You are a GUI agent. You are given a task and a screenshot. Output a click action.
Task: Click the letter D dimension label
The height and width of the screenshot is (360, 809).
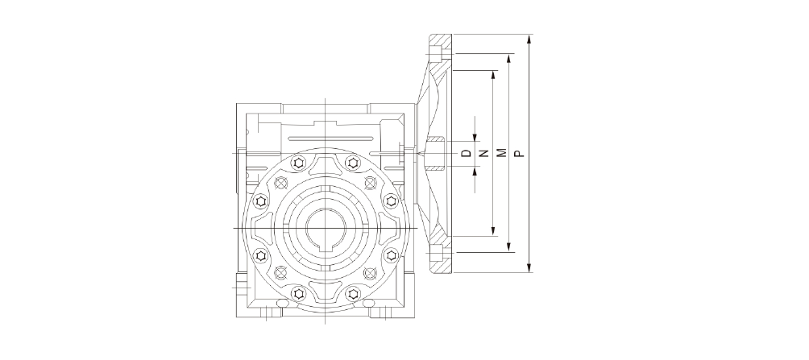pyautogui.click(x=467, y=153)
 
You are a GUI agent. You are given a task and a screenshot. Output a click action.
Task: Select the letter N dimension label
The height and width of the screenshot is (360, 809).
pyautogui.click(x=484, y=153)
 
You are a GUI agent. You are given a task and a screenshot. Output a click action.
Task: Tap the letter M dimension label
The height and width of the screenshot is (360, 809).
pyautogui.click(x=502, y=153)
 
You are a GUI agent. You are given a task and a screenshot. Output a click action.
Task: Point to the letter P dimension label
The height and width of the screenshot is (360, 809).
pyautogui.click(x=520, y=153)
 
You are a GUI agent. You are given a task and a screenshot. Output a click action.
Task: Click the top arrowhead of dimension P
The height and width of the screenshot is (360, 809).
pyautogui.click(x=529, y=39)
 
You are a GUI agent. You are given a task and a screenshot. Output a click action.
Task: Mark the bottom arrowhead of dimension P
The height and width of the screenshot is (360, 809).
pyautogui.click(x=529, y=267)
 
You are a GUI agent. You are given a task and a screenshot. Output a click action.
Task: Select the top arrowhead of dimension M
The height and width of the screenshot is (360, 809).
pyautogui.click(x=509, y=58)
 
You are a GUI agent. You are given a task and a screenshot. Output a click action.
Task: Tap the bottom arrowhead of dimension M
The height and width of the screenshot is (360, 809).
pyautogui.click(x=509, y=247)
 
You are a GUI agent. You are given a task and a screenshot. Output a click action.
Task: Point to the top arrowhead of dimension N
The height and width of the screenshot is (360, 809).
pyautogui.click(x=493, y=75)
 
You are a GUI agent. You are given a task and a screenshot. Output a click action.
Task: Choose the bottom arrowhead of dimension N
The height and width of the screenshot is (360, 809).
pyautogui.click(x=493, y=230)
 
